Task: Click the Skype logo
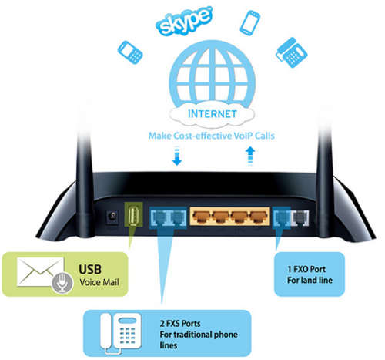[184, 21]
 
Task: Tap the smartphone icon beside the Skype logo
[249, 23]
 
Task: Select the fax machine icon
[292, 52]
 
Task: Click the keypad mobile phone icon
[130, 52]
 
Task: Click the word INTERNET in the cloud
[212, 114]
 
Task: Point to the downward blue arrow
[177, 156]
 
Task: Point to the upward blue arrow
[250, 156]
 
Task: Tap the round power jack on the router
[112, 217]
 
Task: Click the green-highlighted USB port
[133, 215]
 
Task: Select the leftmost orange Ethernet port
[202, 217]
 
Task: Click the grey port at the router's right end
[300, 217]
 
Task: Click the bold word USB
[90, 270]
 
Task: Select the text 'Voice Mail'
[99, 282]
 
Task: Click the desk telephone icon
[121, 334]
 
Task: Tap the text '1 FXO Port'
[306, 269]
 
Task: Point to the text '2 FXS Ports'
[180, 323]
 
